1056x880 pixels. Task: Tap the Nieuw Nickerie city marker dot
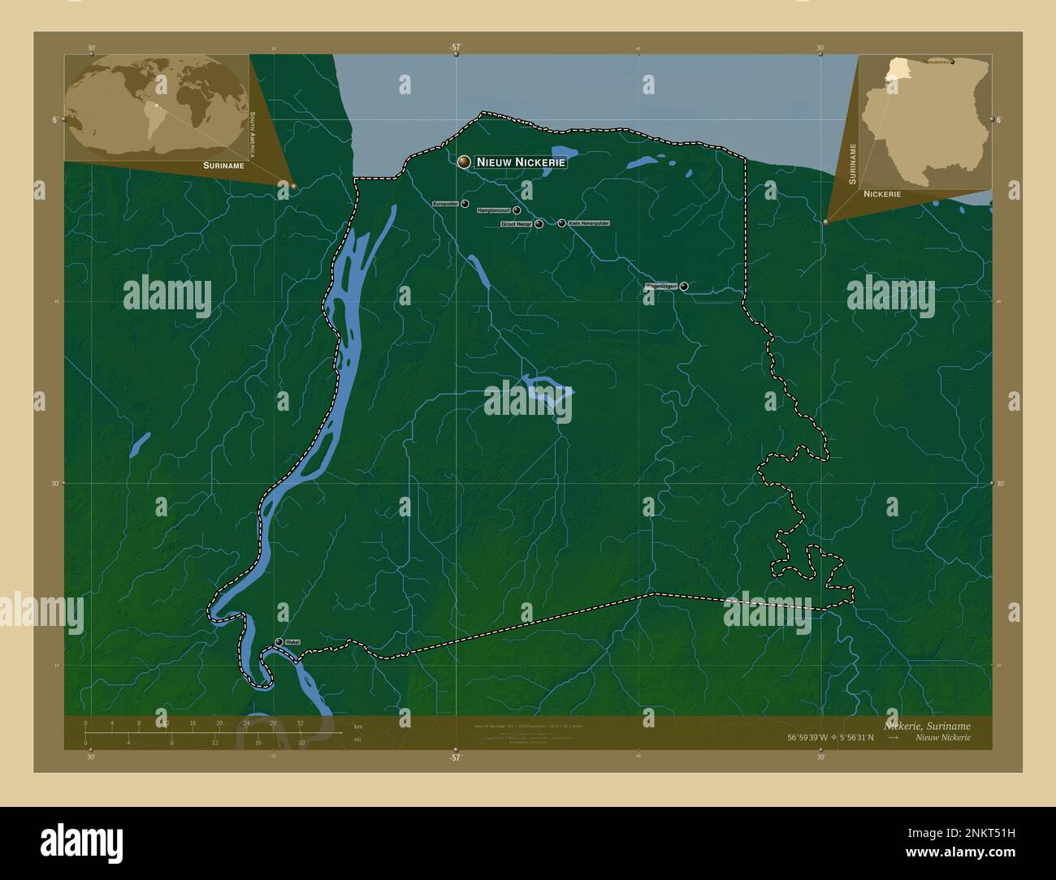point(464,162)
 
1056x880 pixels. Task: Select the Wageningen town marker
point(684,286)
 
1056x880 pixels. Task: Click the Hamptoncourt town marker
point(517,210)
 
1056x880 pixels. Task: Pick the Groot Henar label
point(517,223)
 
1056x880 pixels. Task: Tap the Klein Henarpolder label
point(589,222)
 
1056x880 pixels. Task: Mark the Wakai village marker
point(279,642)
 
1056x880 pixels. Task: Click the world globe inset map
point(156,106)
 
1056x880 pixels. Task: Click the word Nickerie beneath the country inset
point(882,195)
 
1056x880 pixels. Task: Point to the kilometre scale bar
point(193,732)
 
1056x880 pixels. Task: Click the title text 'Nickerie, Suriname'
point(926,725)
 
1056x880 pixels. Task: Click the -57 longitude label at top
point(455,47)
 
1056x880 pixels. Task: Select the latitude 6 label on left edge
point(54,119)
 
